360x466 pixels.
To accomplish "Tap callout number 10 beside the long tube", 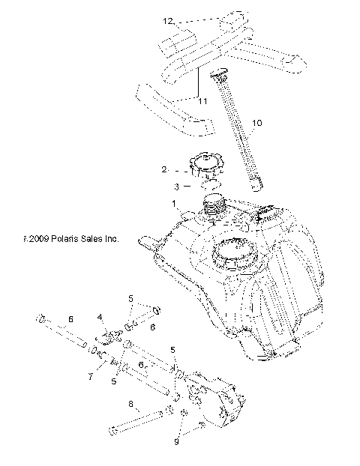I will coord(257,121).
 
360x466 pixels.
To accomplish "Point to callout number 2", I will coord(163,171).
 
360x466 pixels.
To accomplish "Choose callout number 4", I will coord(100,317).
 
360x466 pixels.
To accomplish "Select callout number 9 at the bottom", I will coord(178,442).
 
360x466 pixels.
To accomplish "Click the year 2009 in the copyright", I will coord(37,240).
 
